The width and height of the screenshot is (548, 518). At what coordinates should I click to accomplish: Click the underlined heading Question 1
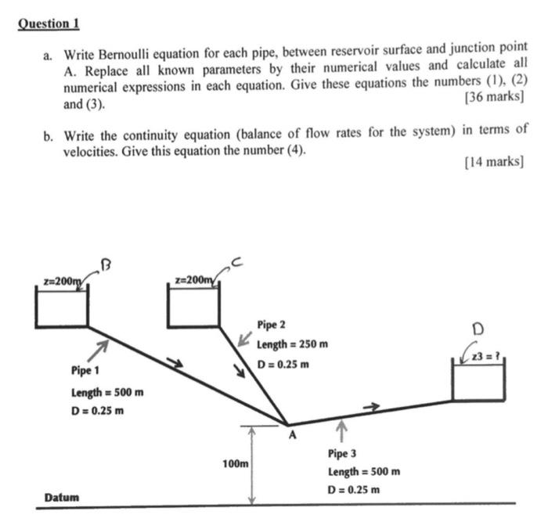point(49,23)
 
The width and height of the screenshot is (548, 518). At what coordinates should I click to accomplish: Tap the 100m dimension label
point(235,464)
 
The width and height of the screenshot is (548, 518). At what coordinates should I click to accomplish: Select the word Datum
point(62,497)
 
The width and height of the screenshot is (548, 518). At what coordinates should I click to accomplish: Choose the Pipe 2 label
point(272,324)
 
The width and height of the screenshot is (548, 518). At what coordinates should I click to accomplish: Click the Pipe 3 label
point(344,453)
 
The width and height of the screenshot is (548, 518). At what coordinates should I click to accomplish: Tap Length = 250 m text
point(292,344)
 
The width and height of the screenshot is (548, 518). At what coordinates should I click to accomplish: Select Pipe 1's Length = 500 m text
point(106,390)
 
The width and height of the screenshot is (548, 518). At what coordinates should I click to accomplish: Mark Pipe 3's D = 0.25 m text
point(354,491)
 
